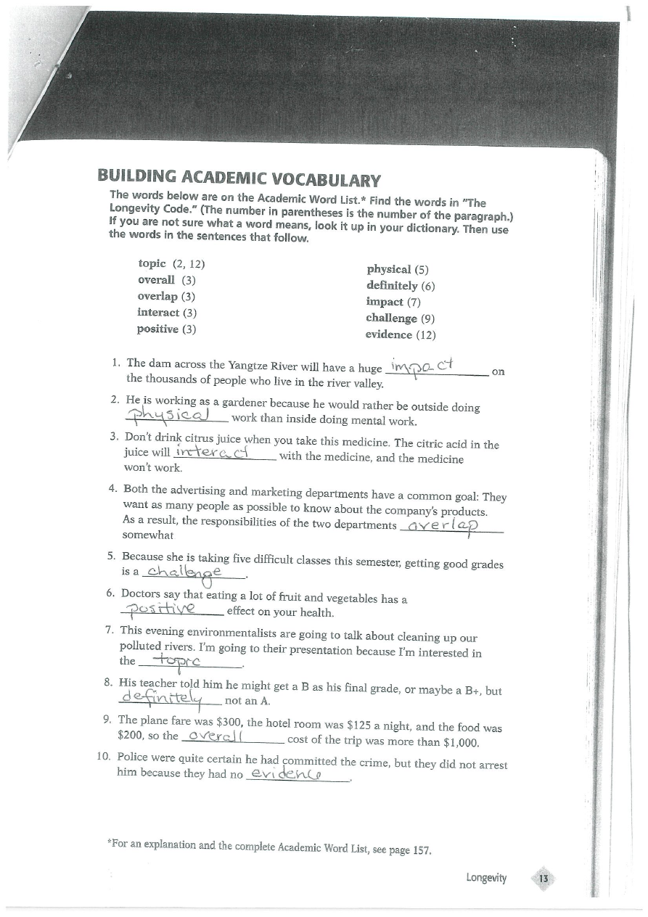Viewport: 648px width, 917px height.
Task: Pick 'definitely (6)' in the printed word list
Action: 401,285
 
